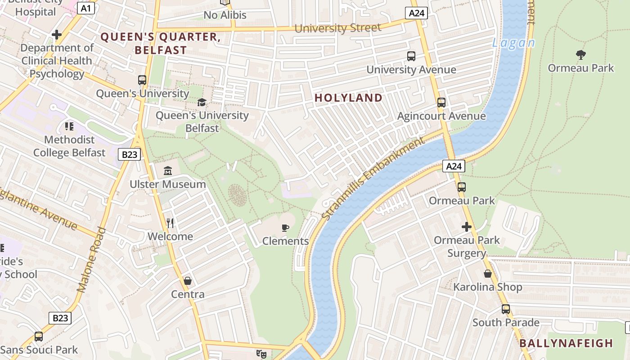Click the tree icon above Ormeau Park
(581, 55)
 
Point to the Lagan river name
(513, 43)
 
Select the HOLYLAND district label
(348, 98)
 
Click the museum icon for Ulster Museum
(168, 171)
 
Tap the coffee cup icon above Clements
(285, 228)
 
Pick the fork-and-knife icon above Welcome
(170, 223)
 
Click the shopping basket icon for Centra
(188, 281)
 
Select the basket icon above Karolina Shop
(488, 274)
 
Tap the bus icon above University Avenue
(411, 56)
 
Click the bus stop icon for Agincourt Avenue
(441, 103)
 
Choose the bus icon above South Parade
(506, 309)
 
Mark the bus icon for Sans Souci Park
(39, 336)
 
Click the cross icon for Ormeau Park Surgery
(467, 227)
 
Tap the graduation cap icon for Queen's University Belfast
(202, 102)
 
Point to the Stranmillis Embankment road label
(373, 179)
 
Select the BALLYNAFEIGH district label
(566, 343)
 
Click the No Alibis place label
(225, 15)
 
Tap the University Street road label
(337, 28)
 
